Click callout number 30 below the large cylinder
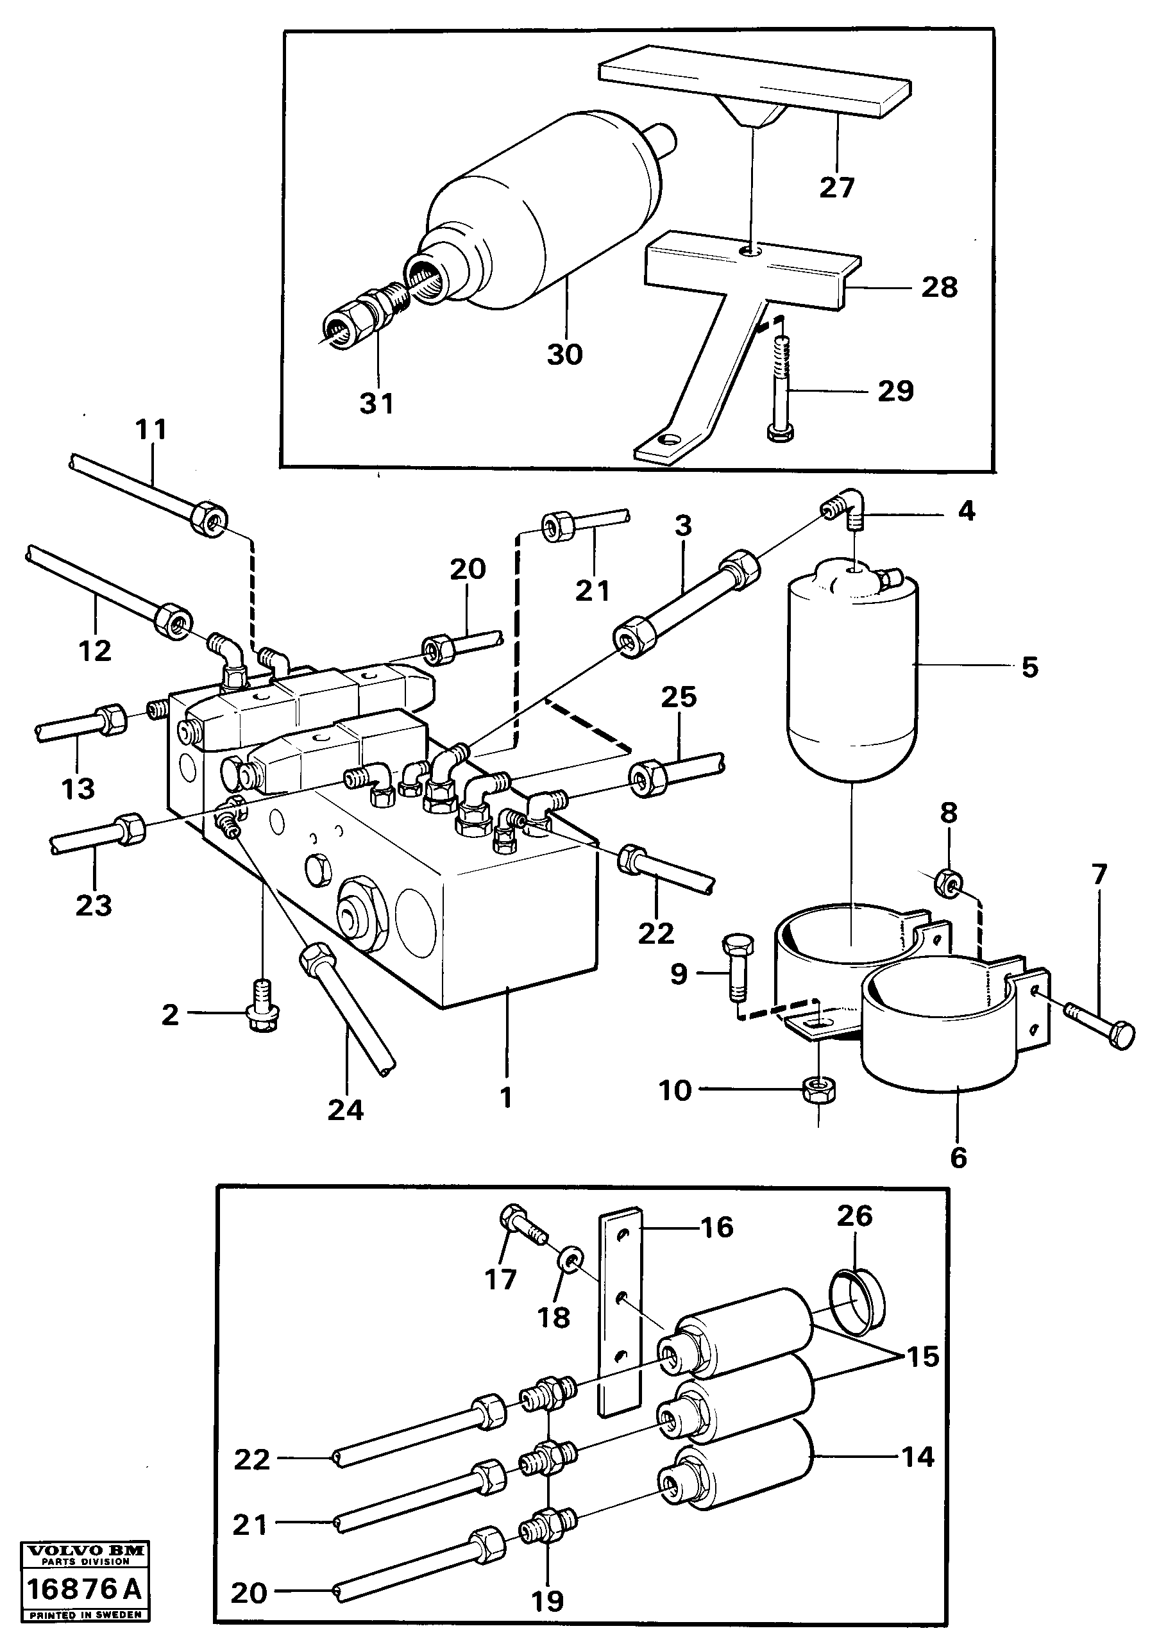tap(564, 354)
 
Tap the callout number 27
tap(837, 187)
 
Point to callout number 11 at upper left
tap(151, 430)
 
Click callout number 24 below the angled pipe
tap(346, 1110)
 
